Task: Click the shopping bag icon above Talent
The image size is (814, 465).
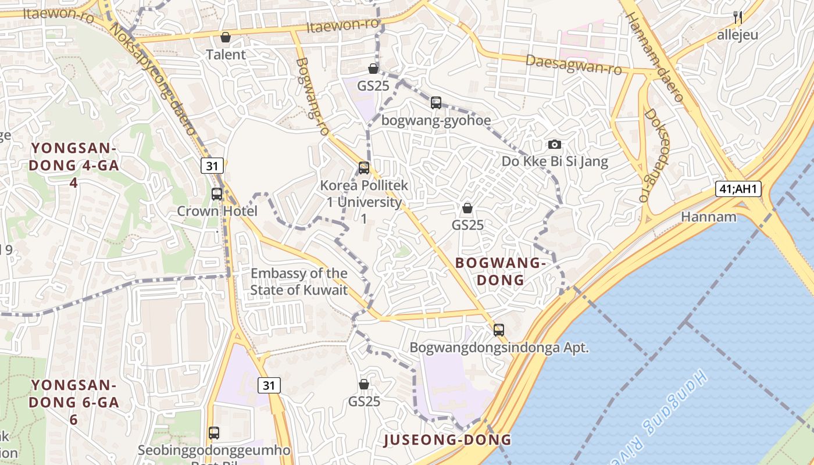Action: pos(226,38)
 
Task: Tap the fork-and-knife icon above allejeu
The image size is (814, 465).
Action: pos(738,17)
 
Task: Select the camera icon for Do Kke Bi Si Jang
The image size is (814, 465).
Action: pos(555,144)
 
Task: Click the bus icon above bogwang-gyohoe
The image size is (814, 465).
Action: pos(436,103)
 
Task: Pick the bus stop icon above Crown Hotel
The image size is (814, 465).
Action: pos(217,194)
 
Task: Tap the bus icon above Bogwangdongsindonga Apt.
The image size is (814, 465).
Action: pos(499,330)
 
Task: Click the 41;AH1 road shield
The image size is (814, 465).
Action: pos(738,189)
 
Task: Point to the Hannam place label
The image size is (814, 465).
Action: pos(709,217)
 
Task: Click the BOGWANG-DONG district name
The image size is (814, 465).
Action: pos(501,271)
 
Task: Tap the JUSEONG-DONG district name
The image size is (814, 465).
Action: pos(448,440)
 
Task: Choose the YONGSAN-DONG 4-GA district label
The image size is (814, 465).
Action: pos(75,165)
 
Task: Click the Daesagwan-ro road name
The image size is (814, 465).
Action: pos(573,65)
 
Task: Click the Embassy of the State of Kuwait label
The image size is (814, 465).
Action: pos(299,281)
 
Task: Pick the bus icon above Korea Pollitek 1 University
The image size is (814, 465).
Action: pos(364,168)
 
